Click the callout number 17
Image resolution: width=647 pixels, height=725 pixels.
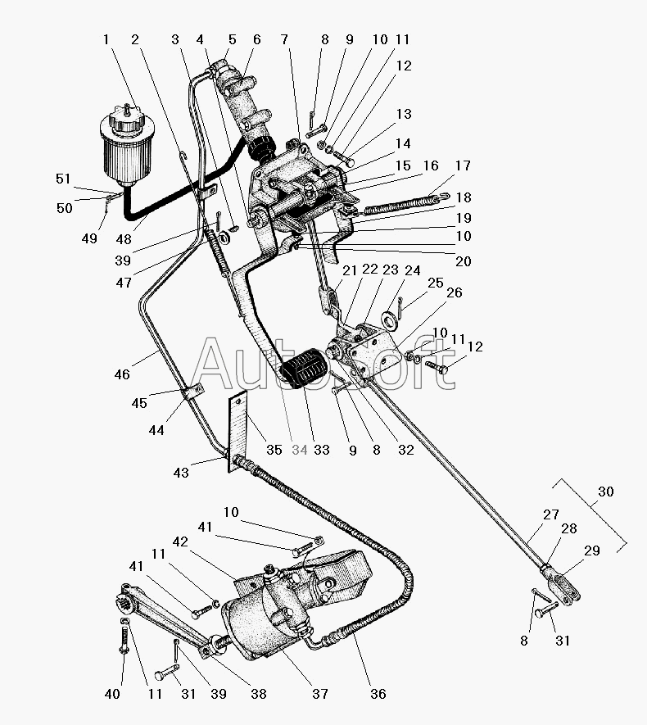[x=463, y=165]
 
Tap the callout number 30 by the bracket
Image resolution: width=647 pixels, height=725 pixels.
[x=605, y=492]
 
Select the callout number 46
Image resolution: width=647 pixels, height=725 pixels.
[x=122, y=374]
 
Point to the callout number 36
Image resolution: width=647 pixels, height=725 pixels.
[x=378, y=694]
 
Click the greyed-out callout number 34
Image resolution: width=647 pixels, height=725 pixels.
[x=300, y=450]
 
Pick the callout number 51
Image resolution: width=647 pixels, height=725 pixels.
[x=63, y=179]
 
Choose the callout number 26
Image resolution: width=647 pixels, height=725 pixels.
[x=455, y=292]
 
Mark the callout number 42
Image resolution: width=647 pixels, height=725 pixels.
[x=180, y=541]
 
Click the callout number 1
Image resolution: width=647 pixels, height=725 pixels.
[x=106, y=40]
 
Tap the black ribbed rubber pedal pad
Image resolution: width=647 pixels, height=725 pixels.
[x=304, y=369]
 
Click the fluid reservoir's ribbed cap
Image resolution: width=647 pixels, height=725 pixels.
[x=127, y=121]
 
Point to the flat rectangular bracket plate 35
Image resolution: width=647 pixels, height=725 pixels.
[x=238, y=432]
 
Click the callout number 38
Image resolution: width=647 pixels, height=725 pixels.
[x=258, y=694]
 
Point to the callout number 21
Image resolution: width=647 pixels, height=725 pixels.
[x=350, y=270]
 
